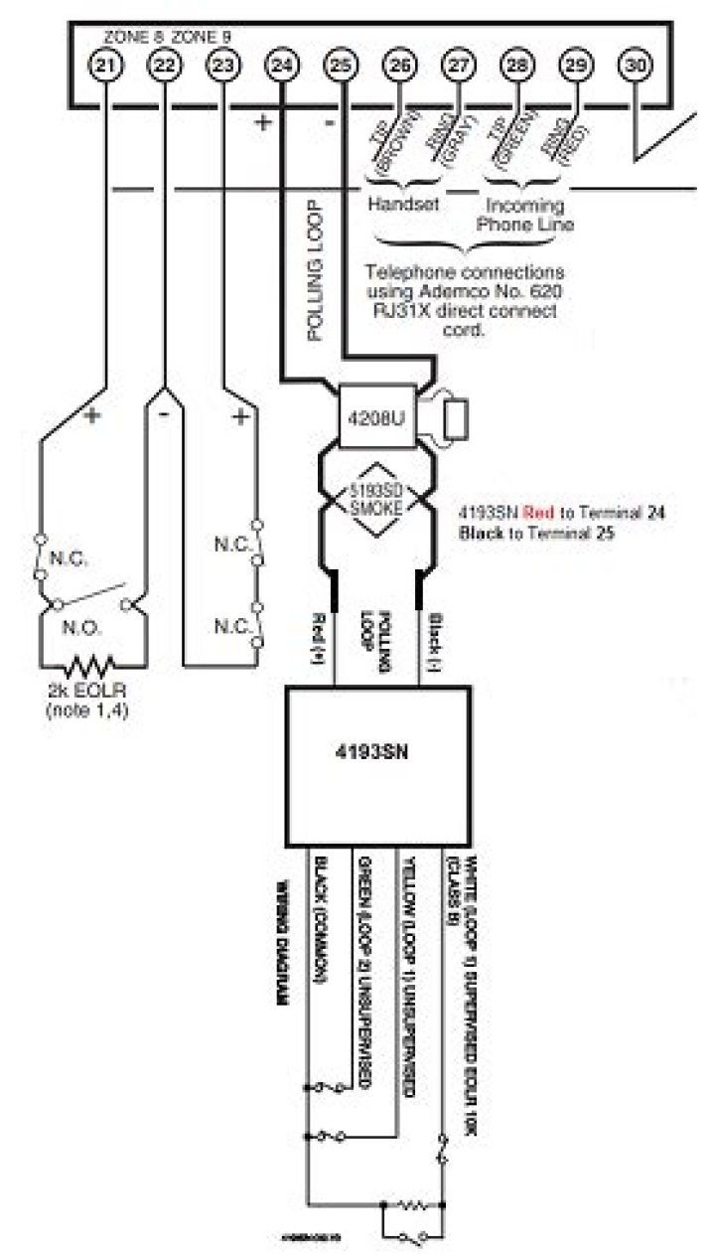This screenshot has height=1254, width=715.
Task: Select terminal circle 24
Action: pos(282,65)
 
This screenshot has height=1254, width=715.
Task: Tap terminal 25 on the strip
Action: pos(340,65)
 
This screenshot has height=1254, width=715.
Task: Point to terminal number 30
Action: pos(634,65)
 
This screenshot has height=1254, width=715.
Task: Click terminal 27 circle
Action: pos(457,65)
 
